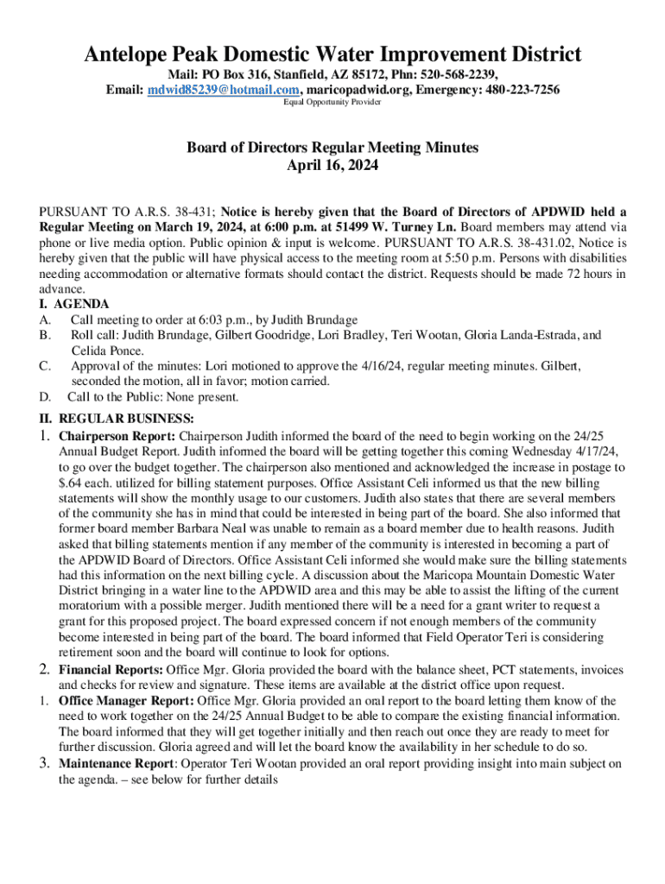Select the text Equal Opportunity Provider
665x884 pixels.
pos(332,103)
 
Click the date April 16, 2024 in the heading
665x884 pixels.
pos(332,165)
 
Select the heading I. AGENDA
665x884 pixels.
pos(74,304)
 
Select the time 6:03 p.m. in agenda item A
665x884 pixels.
pos(210,320)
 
